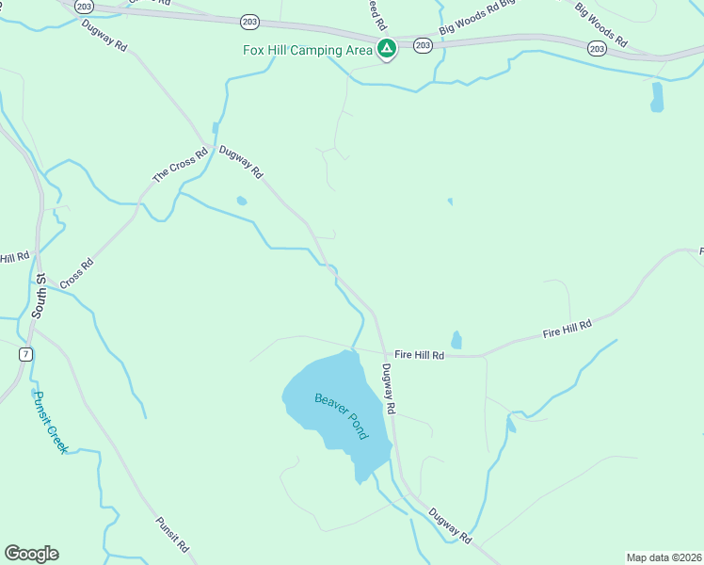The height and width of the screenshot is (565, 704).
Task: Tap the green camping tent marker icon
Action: [386, 49]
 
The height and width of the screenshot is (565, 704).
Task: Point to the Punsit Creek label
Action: [51, 423]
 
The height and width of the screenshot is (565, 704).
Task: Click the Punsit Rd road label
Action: [172, 534]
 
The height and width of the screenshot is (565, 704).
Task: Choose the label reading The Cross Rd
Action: [180, 165]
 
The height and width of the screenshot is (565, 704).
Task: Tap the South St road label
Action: [40, 295]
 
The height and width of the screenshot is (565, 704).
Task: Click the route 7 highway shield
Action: [24, 354]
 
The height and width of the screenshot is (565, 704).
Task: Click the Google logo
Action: [31, 554]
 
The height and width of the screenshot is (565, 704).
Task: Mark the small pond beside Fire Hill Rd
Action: [456, 339]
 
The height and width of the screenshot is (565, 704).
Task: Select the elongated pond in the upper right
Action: [657, 96]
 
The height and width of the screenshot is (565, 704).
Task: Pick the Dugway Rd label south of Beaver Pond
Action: [449, 525]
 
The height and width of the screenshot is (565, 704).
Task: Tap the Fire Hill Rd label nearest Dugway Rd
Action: [419, 355]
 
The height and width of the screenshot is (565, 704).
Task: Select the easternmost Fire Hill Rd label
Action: [567, 330]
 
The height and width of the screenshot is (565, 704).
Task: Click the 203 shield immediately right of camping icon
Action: [423, 45]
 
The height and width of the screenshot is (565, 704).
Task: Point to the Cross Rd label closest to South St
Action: [77, 274]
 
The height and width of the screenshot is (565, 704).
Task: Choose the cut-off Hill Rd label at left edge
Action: [14, 257]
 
